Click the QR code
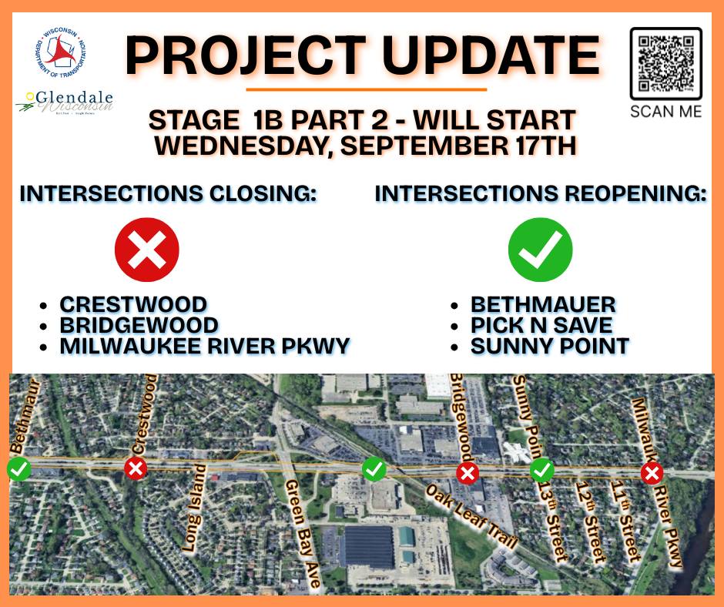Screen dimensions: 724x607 665,64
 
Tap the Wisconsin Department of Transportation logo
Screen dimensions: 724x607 61,52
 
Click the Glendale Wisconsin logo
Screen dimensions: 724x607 65,102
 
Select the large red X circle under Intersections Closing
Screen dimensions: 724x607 147,250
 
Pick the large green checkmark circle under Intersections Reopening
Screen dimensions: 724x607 540,250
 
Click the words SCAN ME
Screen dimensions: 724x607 665,112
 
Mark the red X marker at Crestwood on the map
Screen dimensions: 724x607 136,469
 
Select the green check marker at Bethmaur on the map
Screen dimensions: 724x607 19,469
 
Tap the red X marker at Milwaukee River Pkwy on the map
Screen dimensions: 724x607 652,474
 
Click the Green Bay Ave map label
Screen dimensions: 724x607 303,533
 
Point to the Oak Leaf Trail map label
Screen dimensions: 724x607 471,516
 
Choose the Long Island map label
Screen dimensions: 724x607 194,508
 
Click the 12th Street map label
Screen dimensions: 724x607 591,522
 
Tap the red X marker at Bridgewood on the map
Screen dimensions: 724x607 468,474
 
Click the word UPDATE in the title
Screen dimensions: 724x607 491,56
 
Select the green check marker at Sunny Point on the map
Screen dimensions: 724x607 541,471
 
